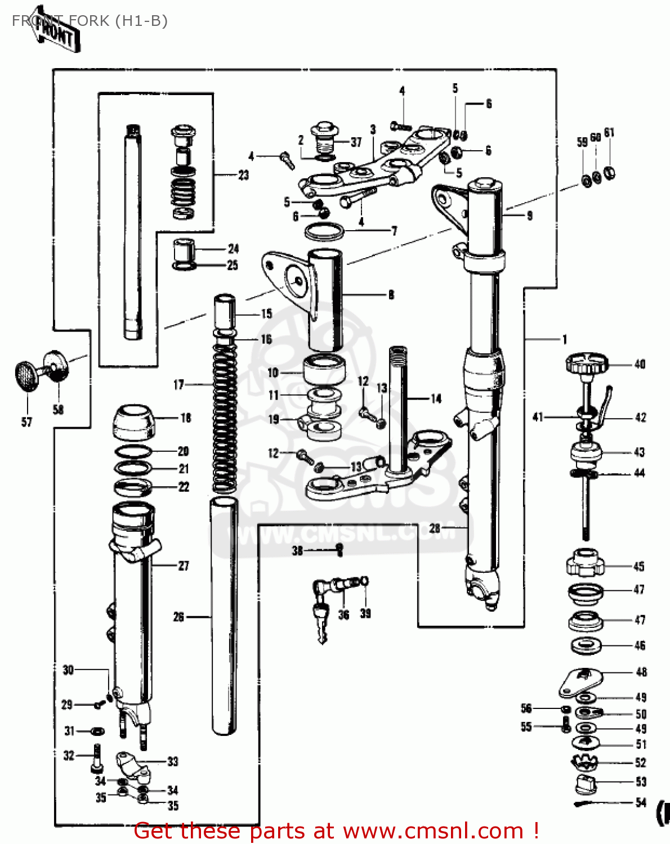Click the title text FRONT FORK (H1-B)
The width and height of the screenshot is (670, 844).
(90, 21)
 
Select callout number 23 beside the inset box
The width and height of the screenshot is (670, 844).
(243, 175)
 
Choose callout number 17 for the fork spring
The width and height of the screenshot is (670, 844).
(178, 385)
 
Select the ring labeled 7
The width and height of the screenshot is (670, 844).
(324, 231)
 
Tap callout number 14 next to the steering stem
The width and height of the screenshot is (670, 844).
(436, 399)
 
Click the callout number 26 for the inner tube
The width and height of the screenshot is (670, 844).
(178, 617)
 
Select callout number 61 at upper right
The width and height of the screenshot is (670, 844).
(609, 133)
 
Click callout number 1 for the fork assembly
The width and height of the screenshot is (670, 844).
(564, 339)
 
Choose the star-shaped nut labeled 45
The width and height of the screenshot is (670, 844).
(586, 563)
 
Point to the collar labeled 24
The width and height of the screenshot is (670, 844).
(183, 250)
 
